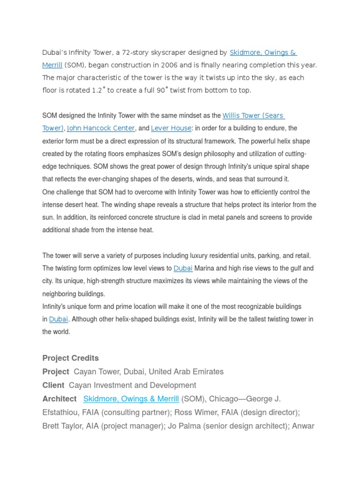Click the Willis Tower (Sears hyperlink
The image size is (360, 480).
tap(253, 115)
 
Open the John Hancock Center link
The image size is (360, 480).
tap(101, 128)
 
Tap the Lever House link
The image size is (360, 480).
tap(171, 128)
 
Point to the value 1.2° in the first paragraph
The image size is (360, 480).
tap(96, 90)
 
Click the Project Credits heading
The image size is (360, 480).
tap(70, 358)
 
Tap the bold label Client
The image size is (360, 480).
tap(53, 385)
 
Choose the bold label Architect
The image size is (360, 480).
tap(59, 399)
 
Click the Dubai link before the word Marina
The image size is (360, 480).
tap(183, 269)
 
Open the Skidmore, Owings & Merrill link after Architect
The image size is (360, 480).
tap(131, 399)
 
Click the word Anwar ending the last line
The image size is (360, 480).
tap(303, 426)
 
